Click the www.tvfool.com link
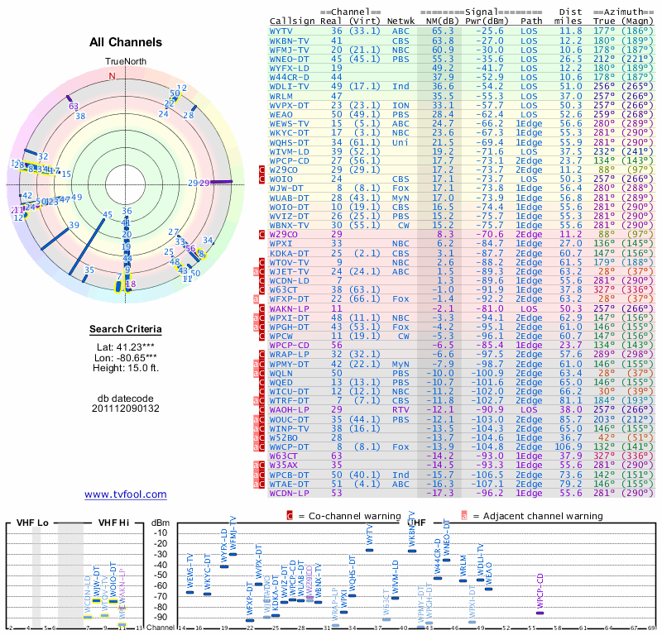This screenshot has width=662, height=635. [x=125, y=494]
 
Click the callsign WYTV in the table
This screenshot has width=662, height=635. [x=281, y=31]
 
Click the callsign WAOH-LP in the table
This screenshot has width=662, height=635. [x=290, y=409]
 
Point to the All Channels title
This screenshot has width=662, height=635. [x=126, y=42]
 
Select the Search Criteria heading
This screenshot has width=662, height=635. [x=126, y=330]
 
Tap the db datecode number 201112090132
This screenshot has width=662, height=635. [x=126, y=408]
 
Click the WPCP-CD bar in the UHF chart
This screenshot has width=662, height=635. [x=540, y=612]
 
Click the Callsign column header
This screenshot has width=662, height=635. [x=293, y=21]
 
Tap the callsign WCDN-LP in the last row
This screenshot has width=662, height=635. [x=290, y=493]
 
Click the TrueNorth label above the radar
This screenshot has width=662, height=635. [x=125, y=62]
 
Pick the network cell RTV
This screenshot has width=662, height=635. [x=401, y=409]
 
